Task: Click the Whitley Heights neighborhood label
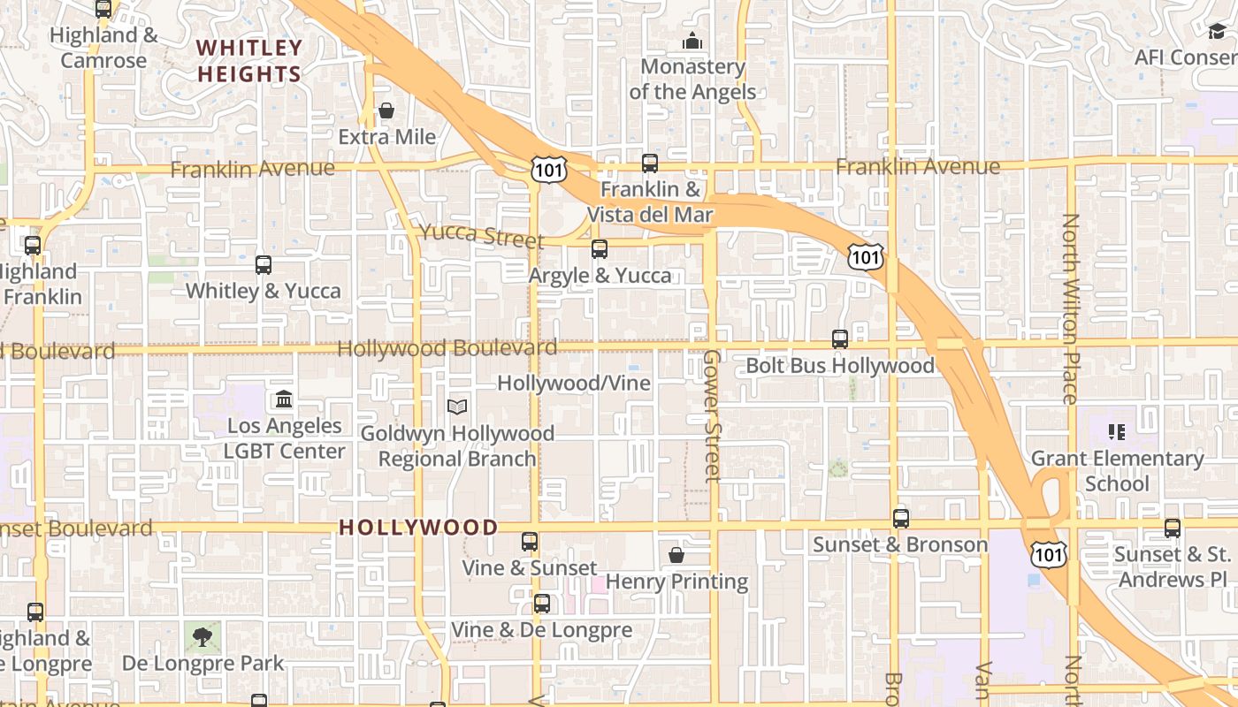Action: click(249, 60)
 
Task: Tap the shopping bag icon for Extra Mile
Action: click(386, 110)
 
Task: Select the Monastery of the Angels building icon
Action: click(692, 41)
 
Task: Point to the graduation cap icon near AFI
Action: click(1218, 32)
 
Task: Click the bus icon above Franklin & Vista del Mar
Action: click(650, 163)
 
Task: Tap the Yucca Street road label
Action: click(481, 235)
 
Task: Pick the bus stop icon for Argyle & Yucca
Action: click(600, 249)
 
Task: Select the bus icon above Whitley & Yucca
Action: click(263, 264)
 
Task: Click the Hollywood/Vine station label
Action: click(574, 384)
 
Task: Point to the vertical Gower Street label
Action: click(712, 415)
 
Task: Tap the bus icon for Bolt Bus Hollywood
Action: click(840, 338)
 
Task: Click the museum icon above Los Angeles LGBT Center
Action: click(284, 399)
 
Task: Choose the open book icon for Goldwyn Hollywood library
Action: click(456, 407)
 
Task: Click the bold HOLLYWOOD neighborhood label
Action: click(419, 528)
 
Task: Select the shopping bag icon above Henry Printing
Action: click(676, 555)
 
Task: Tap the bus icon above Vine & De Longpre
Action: click(541, 604)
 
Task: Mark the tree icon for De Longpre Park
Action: click(203, 636)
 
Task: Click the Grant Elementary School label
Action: click(1117, 471)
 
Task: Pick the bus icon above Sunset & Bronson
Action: click(900, 519)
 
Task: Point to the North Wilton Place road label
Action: click(1071, 308)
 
